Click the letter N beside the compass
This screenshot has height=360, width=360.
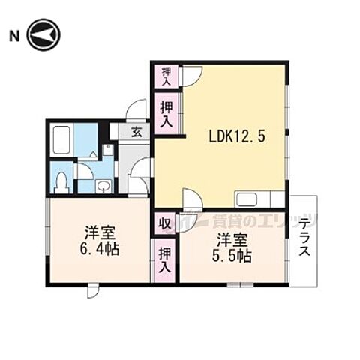click(x=13, y=35)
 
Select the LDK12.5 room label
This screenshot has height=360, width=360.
click(x=237, y=137)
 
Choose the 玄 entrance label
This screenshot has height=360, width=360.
click(x=137, y=133)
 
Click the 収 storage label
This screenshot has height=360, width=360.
click(x=163, y=223)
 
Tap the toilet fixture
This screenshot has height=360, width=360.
click(x=63, y=180)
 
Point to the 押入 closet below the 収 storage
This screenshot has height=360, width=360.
click(x=164, y=259)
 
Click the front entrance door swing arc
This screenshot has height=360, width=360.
click(x=135, y=110)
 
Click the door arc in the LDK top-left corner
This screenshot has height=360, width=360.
click(x=191, y=74)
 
